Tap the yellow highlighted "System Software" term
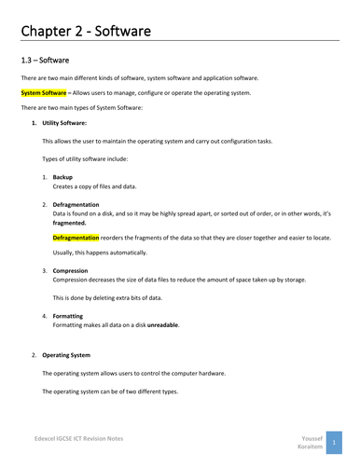tap(44, 93)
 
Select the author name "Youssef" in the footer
tap(313, 434)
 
